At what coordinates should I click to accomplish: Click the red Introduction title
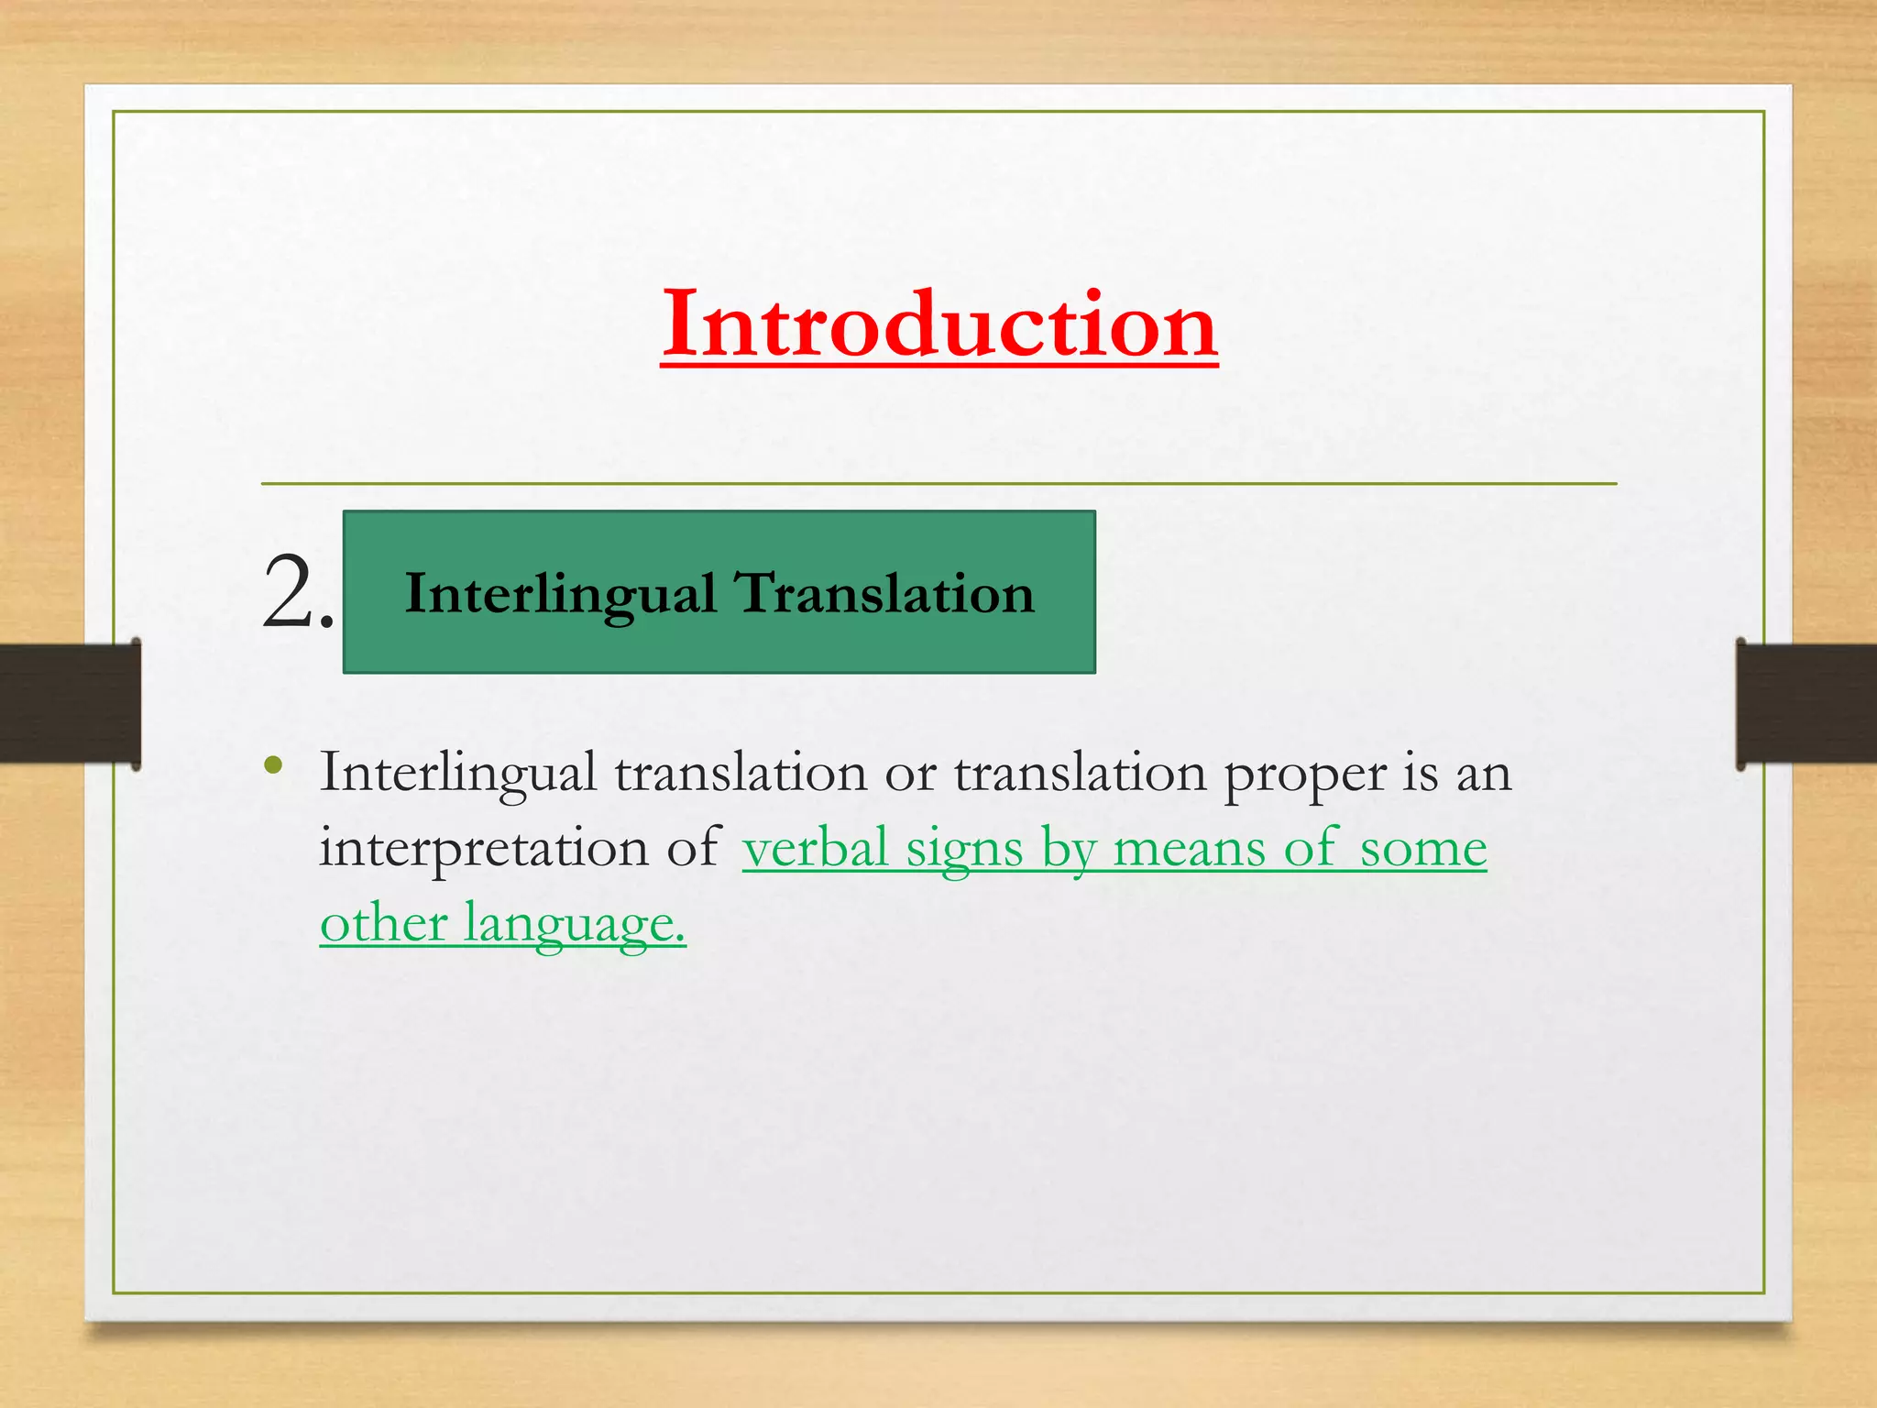tap(938, 324)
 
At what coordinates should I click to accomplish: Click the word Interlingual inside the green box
tap(560, 594)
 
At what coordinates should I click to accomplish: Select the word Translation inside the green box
tap(885, 594)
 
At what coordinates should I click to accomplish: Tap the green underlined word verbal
tap(815, 847)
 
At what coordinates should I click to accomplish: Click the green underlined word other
tap(383, 922)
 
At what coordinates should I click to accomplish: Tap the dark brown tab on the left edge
tap(70, 703)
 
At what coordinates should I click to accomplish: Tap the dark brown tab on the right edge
tap(1806, 703)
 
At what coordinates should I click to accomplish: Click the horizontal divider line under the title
tap(938, 483)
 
